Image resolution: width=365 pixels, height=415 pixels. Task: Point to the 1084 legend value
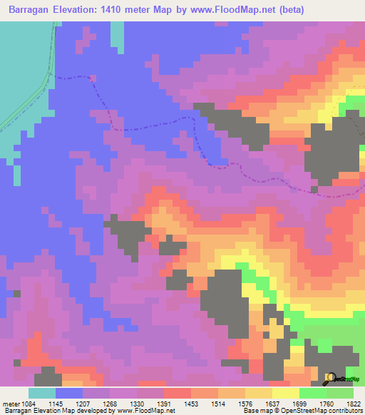[34, 403]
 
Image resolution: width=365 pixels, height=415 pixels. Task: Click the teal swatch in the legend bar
[42, 393]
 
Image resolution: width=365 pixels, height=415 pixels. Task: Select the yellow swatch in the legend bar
[286, 393]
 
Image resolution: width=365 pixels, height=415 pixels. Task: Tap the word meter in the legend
[12, 403]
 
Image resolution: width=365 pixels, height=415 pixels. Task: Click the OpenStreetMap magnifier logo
[329, 378]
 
